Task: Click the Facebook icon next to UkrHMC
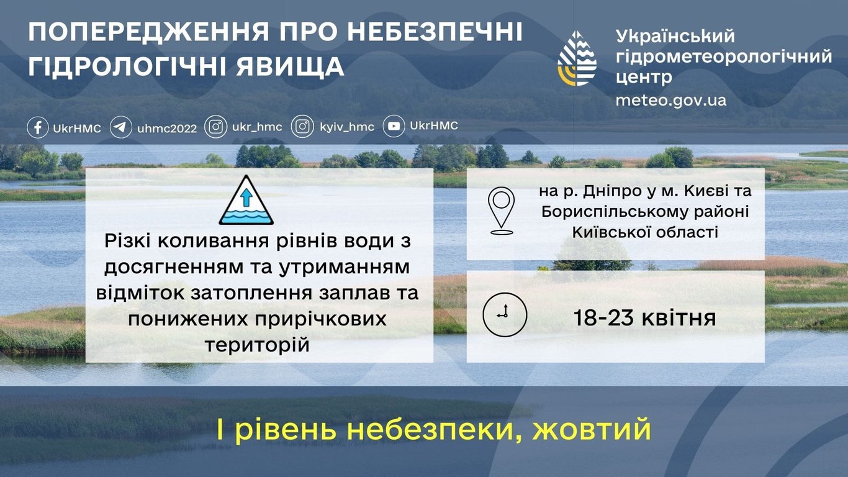coord(38,128)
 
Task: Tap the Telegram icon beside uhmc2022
coord(120,128)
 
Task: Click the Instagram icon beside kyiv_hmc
coord(302,127)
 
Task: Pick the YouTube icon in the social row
coord(394,127)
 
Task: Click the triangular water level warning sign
coord(246,201)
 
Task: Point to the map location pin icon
coord(501,210)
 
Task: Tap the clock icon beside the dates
coord(505,315)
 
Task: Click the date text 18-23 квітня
coord(644,318)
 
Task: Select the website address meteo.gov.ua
coord(670,100)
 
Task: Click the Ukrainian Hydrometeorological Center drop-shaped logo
coord(577,58)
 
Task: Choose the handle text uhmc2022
coord(167,128)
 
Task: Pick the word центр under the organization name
coord(644,77)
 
